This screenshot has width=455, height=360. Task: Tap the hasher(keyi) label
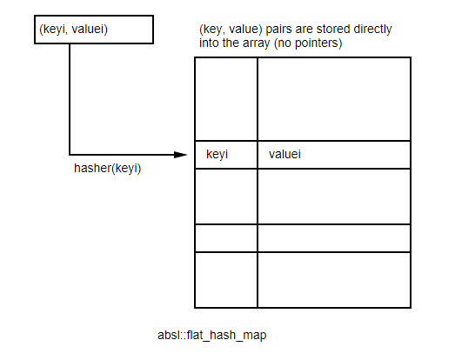107,168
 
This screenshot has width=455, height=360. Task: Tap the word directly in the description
370,29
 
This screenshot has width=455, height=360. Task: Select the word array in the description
260,42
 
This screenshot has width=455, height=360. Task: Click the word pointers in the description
319,42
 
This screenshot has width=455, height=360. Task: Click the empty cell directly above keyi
224,98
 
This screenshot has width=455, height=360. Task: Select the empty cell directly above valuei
333,98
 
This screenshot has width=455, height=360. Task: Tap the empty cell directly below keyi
224,196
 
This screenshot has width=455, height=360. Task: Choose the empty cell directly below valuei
333,196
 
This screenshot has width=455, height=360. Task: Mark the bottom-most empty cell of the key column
224,279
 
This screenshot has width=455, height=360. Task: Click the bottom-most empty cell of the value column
333,279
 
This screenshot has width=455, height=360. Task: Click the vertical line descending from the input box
69,96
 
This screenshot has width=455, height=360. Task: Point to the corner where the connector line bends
69,155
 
